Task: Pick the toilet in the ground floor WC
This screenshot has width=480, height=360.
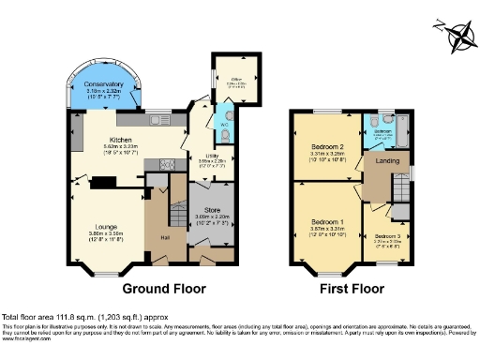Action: point(230,133)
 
